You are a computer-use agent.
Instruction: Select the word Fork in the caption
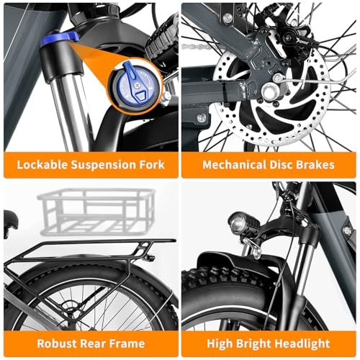153,165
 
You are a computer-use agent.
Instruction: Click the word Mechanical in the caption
234,165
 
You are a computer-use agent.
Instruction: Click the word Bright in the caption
253,344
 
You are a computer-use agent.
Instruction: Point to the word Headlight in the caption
302,344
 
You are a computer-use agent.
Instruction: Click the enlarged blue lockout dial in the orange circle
135,85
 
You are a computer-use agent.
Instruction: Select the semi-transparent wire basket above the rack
96,211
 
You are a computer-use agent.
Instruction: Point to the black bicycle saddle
10,220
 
